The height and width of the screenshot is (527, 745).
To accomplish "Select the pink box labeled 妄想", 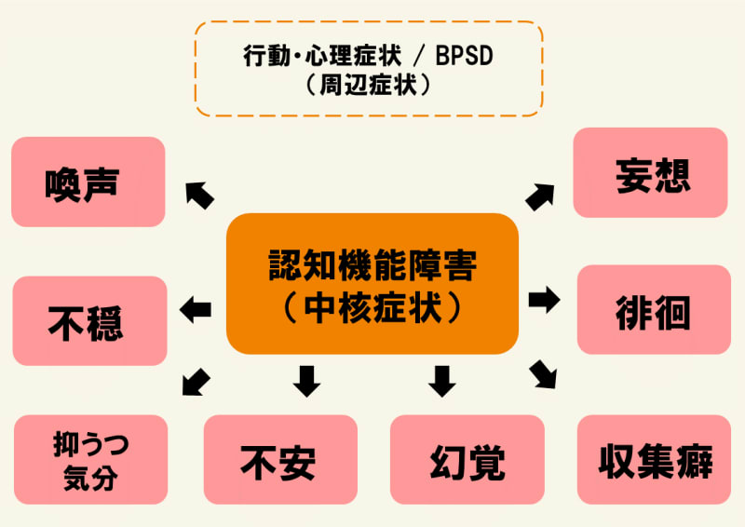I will [x=650, y=173].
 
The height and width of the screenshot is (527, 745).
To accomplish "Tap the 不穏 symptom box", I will [x=89, y=320].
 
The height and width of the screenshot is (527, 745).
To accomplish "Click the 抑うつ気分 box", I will [x=91, y=460].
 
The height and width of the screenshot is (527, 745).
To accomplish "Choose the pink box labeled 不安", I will [x=280, y=460].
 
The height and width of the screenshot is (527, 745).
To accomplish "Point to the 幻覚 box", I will [x=467, y=460].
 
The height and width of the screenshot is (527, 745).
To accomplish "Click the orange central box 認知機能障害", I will [x=372, y=283].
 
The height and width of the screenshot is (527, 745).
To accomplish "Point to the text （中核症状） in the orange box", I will [x=372, y=308].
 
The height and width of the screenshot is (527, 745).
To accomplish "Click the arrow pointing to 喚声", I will [x=199, y=195].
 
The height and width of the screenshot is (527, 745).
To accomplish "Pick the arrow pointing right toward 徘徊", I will [x=544, y=300].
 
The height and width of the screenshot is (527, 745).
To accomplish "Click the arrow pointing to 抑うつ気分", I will [x=196, y=380].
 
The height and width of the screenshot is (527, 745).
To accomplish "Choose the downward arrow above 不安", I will [x=306, y=380].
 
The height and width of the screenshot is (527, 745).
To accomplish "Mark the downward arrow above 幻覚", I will [x=441, y=380].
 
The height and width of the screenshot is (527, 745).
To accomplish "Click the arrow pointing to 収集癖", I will [x=543, y=373].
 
